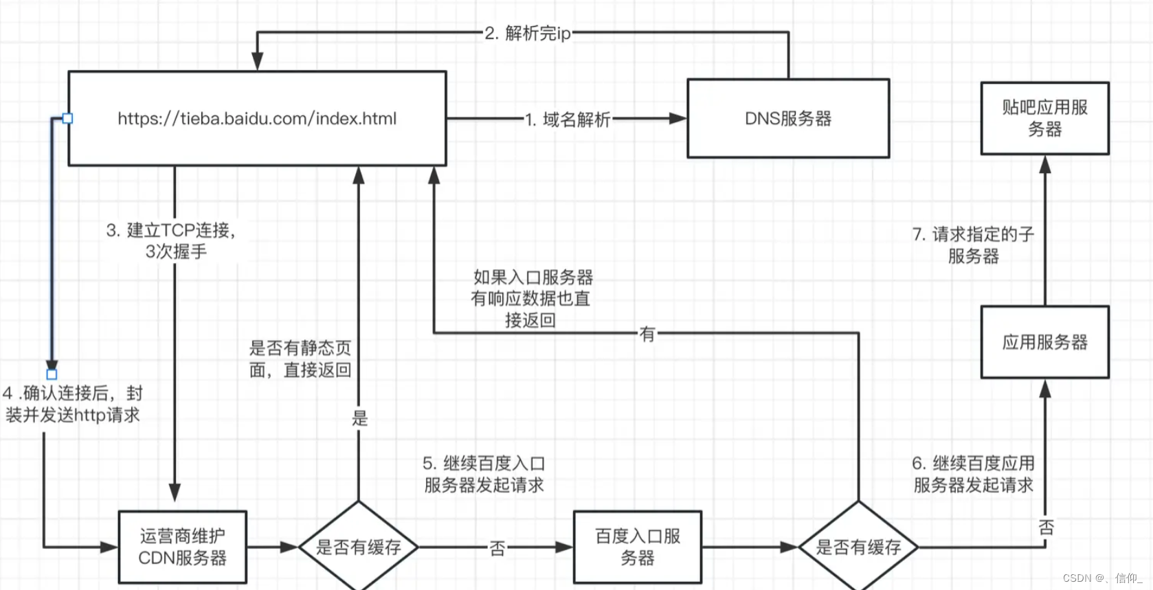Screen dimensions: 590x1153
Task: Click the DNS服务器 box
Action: pyautogui.click(x=787, y=118)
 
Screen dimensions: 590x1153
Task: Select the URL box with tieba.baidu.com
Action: pyautogui.click(x=257, y=118)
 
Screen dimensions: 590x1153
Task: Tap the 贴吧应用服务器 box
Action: pyautogui.click(x=1044, y=118)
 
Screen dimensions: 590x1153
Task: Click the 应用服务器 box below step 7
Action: pyautogui.click(x=1044, y=341)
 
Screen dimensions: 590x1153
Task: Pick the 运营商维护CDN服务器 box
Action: pyautogui.click(x=182, y=547)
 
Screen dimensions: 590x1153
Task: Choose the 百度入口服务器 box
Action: pyautogui.click(x=637, y=547)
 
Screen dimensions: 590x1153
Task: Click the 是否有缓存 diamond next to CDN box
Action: pyautogui.click(x=358, y=547)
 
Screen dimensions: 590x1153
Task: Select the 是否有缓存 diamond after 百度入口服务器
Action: pyautogui.click(x=858, y=547)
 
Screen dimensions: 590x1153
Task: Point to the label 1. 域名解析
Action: pyautogui.click(x=568, y=120)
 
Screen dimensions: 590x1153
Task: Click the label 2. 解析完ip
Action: pyautogui.click(x=528, y=33)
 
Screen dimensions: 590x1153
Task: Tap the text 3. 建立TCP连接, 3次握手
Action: pyautogui.click(x=172, y=240)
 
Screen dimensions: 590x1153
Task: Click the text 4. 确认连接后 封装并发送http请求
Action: pyautogui.click(x=72, y=404)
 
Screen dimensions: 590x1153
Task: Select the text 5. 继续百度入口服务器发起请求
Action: pyautogui.click(x=484, y=474)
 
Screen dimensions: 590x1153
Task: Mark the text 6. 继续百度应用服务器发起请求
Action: pyautogui.click(x=973, y=474)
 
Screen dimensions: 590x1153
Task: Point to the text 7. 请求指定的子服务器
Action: pyautogui.click(x=973, y=245)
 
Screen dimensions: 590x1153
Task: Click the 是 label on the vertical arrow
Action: pyautogui.click(x=359, y=418)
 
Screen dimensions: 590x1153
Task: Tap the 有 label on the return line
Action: pyautogui.click(x=647, y=334)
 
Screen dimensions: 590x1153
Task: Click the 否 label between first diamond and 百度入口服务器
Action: pyautogui.click(x=497, y=548)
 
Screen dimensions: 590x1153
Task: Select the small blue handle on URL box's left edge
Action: pyautogui.click(x=67, y=118)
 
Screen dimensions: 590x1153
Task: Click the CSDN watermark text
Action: pyautogui.click(x=1101, y=578)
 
